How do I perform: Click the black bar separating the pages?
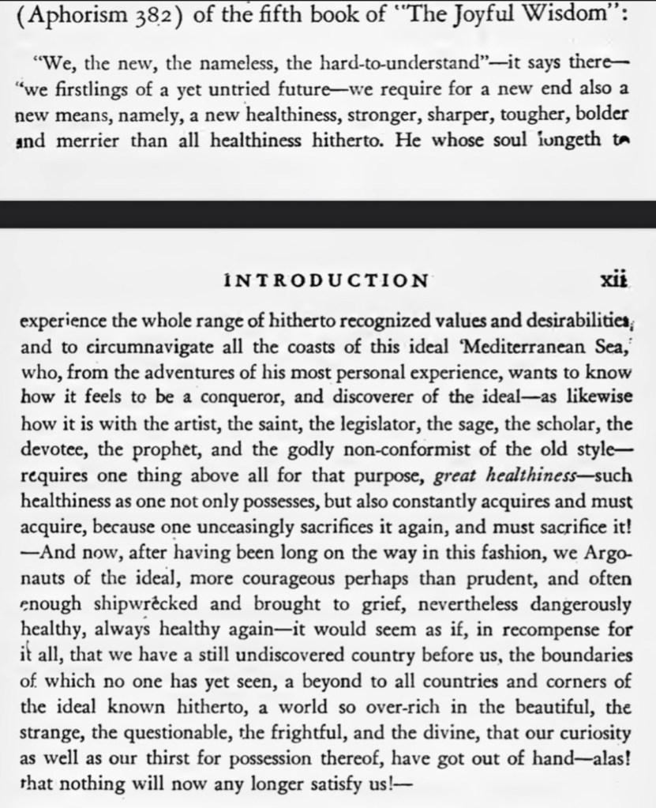pyautogui.click(x=328, y=214)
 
